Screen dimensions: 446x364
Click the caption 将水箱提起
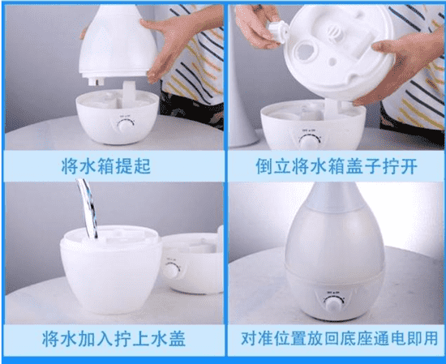[105, 166]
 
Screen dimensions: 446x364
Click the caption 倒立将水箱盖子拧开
[337, 166]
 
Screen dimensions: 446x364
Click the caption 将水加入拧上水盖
[114, 338]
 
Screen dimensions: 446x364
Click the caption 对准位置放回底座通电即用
[339, 338]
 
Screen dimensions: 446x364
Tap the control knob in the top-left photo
[126, 126]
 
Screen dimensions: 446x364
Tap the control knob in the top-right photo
[308, 142]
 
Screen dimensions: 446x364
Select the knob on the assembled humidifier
[333, 305]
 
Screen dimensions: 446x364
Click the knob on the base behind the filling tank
[171, 270]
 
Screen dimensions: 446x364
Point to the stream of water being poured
[88, 208]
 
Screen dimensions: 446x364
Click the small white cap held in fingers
[277, 32]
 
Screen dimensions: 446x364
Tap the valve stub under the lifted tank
[96, 82]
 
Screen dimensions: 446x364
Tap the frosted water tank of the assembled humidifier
[334, 242]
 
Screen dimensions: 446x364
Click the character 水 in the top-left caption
[88, 166]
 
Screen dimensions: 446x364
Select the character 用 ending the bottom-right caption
[429, 338]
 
